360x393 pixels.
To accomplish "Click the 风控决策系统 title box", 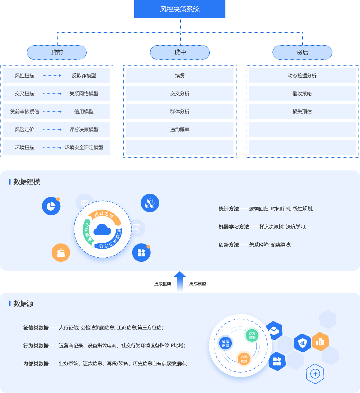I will pyautogui.click(x=180, y=9).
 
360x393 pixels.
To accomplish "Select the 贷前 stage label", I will pyautogui.click(x=57, y=52).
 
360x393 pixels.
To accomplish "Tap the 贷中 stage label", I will pyautogui.click(x=180, y=52).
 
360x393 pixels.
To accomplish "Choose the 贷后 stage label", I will pyautogui.click(x=302, y=53).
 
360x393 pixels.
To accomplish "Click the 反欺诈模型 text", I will pyautogui.click(x=84, y=76).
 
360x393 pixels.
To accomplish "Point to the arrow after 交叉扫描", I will pyautogui.click(x=52, y=94).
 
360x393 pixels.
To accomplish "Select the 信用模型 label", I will pyautogui.click(x=84, y=112).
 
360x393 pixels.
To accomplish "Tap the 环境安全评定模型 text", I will pyautogui.click(x=84, y=148).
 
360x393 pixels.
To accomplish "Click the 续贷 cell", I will pyautogui.click(x=180, y=76).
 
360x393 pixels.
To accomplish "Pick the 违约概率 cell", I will pyautogui.click(x=180, y=130).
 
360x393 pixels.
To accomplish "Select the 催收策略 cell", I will pyautogui.click(x=302, y=94).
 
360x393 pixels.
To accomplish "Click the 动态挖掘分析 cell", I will pyautogui.click(x=302, y=76).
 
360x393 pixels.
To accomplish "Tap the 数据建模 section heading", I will pyautogui.click(x=27, y=182).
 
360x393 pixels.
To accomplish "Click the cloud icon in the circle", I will pyautogui.click(x=102, y=230).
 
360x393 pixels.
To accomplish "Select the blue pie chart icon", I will pyautogui.click(x=51, y=206).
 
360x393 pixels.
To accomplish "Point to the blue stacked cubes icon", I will pyautogui.click(x=150, y=203).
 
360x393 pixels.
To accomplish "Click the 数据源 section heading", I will pyautogui.click(x=23, y=304).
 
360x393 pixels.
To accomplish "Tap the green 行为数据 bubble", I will pyautogui.click(x=252, y=335).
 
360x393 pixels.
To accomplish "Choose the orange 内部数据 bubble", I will pyautogui.click(x=244, y=359).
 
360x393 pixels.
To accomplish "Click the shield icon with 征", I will pyautogui.click(x=302, y=343).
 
